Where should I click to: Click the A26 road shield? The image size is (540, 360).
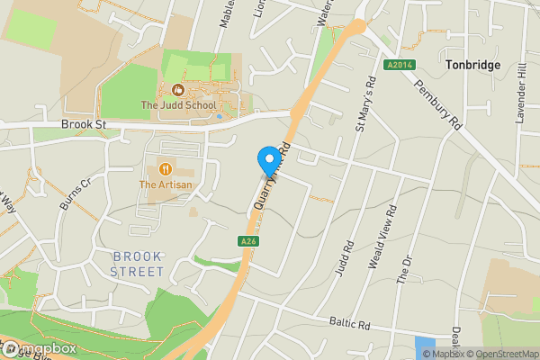[x=249, y=240]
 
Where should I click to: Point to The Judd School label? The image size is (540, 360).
[x=178, y=105]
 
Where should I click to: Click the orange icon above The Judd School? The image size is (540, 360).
[x=177, y=90]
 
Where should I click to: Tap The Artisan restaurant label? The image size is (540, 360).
[x=165, y=184]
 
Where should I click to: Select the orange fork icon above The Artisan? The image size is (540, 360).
[x=165, y=168]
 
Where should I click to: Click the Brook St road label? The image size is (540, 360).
[x=84, y=125]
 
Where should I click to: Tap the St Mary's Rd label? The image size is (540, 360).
[x=365, y=103]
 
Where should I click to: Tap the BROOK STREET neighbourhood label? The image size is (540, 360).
[x=138, y=264]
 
